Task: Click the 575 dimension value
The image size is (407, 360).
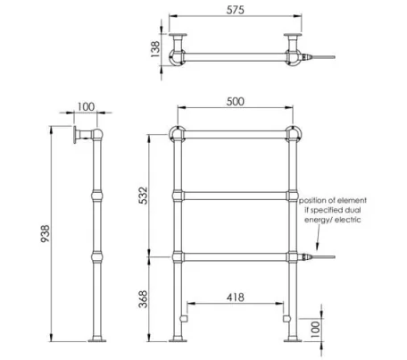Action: tap(236, 10)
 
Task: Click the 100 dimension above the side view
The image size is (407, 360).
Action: tap(86, 106)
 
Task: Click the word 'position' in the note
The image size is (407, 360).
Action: tap(316, 201)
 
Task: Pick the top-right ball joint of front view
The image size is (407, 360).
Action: tap(293, 136)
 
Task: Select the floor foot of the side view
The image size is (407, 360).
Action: tap(96, 339)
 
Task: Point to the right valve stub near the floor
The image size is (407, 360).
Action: tap(286, 314)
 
